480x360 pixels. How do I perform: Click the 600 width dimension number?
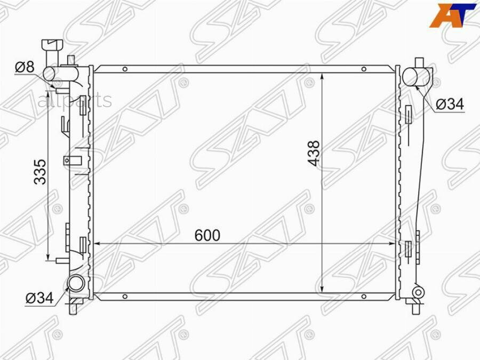coord(207,235)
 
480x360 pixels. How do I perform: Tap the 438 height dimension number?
coord(314,154)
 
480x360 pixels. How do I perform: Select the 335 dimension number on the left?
coord(40,172)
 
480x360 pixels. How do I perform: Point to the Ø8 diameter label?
coord(25,67)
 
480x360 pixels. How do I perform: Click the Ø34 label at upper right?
coord(450,104)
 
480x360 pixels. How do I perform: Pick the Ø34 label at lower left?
coord(39,298)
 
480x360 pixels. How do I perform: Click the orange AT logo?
coord(453,15)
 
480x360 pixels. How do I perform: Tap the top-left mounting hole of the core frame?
coord(125,69)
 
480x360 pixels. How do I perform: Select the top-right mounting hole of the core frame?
coord(364,69)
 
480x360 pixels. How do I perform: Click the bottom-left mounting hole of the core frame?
coord(125,297)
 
